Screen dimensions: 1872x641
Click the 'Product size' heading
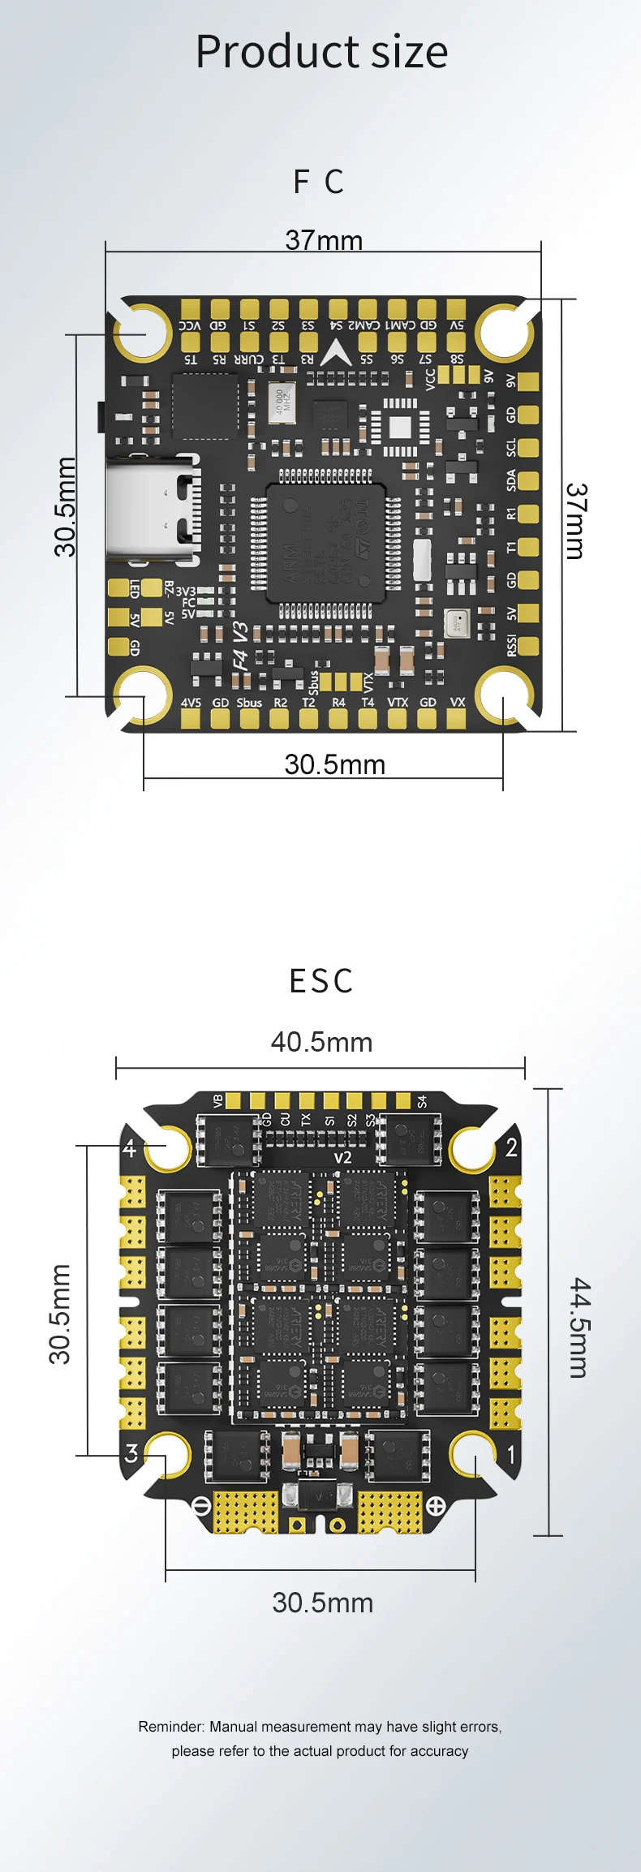tap(321, 52)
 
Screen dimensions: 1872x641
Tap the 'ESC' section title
tap(321, 981)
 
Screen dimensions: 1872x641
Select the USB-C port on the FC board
tap(153, 510)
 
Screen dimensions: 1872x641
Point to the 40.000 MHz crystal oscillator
tap(282, 402)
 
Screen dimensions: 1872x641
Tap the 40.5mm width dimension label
tap(321, 1042)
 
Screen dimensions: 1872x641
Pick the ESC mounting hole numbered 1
tap(474, 1455)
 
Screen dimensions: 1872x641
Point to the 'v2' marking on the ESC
tap(342, 1157)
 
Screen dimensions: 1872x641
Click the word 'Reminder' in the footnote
tap(170, 1727)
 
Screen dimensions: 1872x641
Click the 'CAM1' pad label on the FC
tap(398, 325)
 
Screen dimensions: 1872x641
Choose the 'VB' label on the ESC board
tap(217, 1101)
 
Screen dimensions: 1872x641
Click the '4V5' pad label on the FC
tap(191, 703)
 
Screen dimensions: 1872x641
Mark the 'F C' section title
tap(319, 182)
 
